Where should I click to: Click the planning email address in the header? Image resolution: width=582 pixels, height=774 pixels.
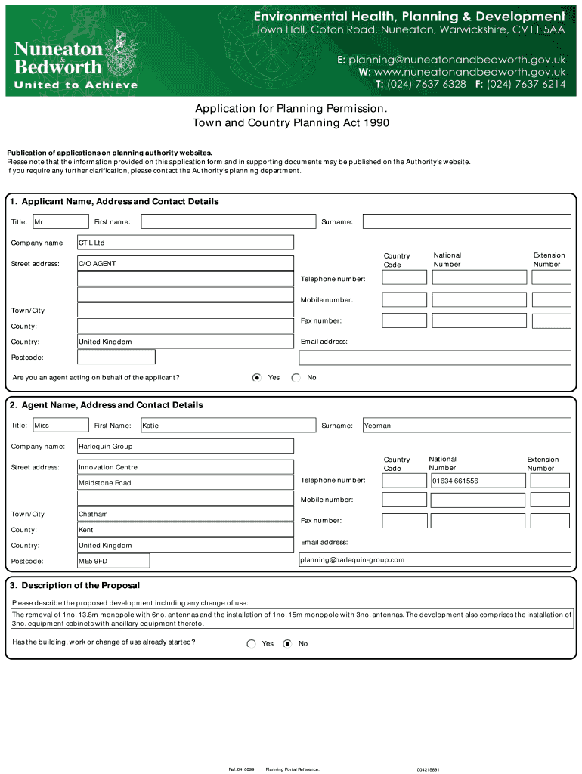(457, 59)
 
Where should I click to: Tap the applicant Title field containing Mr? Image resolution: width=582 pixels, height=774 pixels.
(60, 221)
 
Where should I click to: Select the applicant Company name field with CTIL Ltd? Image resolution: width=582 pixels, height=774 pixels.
(185, 243)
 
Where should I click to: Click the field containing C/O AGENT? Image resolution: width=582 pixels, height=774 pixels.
(185, 264)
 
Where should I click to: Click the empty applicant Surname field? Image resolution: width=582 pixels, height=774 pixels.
(466, 221)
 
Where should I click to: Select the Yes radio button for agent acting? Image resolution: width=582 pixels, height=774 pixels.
(257, 377)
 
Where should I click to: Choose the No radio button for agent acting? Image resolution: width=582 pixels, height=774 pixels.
(296, 377)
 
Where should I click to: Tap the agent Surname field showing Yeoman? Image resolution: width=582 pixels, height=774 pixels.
(466, 426)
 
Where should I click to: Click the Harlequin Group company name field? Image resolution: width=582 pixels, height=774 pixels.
(185, 447)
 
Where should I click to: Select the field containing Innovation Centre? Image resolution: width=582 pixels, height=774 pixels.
(185, 467)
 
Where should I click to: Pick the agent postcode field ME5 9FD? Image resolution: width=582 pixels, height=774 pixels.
(113, 562)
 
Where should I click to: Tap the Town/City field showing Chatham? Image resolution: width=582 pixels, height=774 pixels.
(185, 514)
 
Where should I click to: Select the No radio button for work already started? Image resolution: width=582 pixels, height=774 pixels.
(287, 644)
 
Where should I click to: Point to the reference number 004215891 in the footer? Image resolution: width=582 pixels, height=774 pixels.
(427, 769)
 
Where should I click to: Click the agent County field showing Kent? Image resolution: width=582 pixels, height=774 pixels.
(185, 530)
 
